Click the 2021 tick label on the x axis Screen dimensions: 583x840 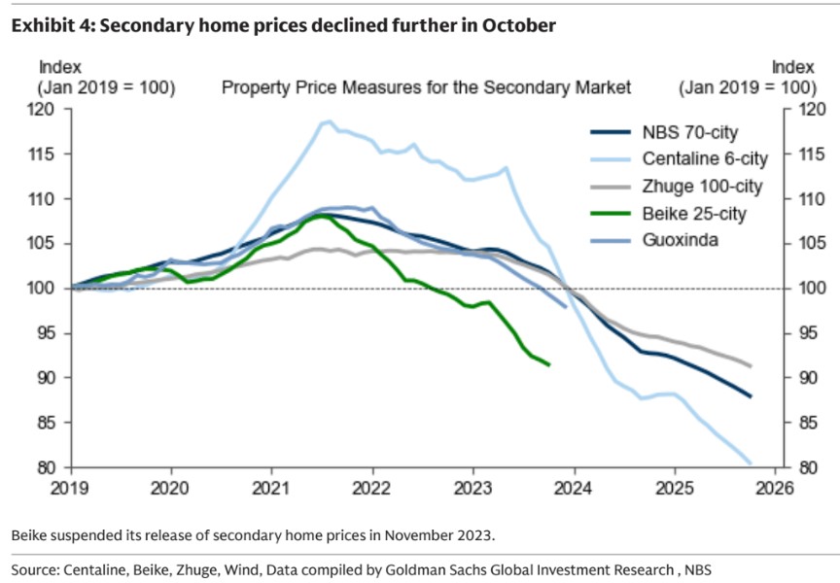271,487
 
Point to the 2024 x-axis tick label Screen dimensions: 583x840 574,487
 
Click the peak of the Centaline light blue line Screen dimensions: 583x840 328,121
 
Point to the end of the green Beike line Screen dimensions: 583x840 549,364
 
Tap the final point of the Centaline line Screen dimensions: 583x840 751,463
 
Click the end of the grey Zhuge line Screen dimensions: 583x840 751,365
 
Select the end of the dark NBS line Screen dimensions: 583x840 751,396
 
